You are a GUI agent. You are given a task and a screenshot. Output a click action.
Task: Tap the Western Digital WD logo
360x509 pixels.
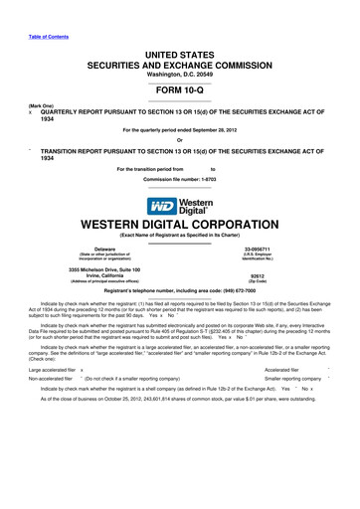click(180, 206)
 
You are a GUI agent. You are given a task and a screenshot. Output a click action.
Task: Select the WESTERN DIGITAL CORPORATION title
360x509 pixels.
click(180, 226)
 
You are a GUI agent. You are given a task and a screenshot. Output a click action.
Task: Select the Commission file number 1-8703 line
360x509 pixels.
click(180, 177)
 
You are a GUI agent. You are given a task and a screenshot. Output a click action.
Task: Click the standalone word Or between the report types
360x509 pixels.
click(180, 138)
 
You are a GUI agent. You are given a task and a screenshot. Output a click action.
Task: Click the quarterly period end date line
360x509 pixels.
click(180, 129)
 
